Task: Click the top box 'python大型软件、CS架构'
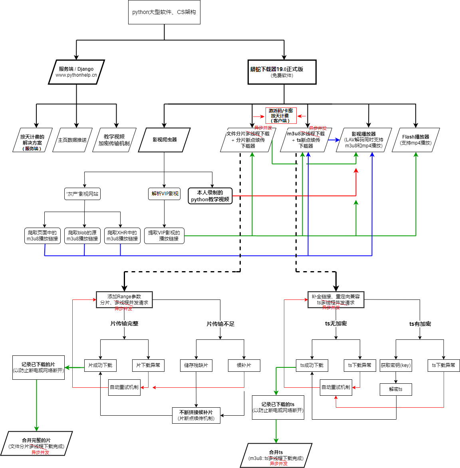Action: point(164,12)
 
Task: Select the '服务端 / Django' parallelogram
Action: point(76,72)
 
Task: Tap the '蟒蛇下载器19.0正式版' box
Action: point(282,72)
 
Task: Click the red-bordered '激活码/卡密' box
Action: point(281,115)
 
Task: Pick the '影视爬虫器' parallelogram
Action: point(164,140)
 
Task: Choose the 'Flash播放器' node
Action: point(416,140)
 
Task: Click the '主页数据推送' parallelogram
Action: point(72,140)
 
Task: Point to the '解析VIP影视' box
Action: point(164,194)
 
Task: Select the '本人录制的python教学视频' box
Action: point(210,196)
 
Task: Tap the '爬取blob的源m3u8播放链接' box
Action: point(82,236)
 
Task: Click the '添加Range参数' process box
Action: point(124,299)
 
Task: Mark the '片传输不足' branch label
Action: point(220,324)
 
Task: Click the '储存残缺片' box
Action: point(196,365)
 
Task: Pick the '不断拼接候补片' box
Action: point(196,415)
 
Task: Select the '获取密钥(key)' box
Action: point(396,365)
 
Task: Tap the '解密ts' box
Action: point(396,389)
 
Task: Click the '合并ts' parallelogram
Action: point(276,455)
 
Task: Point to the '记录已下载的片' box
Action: point(38,367)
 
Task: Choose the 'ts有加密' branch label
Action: point(420,324)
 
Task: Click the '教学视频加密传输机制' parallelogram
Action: point(114,140)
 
